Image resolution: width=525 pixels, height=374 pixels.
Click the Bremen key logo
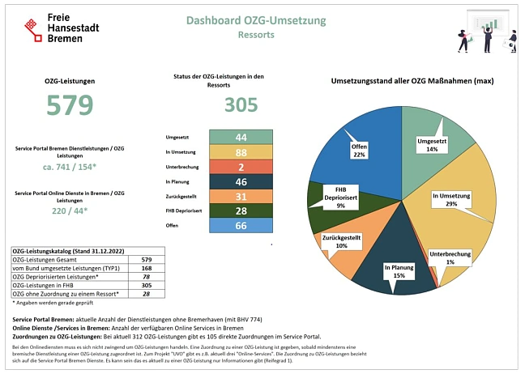pos(31,28)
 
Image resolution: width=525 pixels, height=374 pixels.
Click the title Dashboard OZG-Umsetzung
pos(256,20)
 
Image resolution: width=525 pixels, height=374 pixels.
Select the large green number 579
pos(70,106)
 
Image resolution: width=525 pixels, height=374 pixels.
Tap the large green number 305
pos(241,104)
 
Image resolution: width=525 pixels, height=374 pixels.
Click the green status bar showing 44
pos(241,138)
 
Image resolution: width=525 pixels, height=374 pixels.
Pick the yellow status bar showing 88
pos(241,152)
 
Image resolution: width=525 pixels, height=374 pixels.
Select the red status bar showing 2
pos(241,168)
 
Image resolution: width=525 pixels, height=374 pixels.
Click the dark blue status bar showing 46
pos(241,182)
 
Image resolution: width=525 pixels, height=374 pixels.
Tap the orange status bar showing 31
pos(241,197)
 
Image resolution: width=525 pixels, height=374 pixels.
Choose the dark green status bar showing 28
pos(241,211)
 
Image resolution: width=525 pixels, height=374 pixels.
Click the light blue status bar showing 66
pos(241,226)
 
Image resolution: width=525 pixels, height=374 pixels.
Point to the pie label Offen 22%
pos(360,151)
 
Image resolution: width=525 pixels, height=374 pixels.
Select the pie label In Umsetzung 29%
pos(451,200)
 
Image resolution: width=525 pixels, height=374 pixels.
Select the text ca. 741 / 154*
pos(70,167)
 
